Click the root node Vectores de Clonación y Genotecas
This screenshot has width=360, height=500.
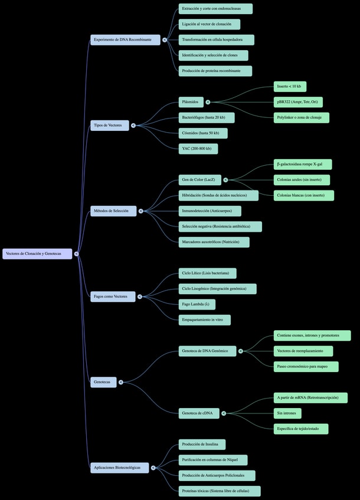(x=37, y=254)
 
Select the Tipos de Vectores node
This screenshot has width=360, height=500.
(x=110, y=125)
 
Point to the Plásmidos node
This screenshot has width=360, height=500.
(x=192, y=102)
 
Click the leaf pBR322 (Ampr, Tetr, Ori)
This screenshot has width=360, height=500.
(x=298, y=102)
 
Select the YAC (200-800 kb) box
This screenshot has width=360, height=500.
(x=198, y=149)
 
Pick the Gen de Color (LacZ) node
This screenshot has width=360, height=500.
(x=201, y=180)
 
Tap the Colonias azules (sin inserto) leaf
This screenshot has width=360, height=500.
(x=302, y=180)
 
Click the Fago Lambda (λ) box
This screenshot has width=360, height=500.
(x=197, y=304)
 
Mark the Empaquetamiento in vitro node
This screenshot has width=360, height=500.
(x=205, y=320)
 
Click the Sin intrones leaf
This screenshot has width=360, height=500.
(x=287, y=413)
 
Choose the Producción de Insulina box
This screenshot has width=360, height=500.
(x=202, y=444)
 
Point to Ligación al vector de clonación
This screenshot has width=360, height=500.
(x=210, y=24)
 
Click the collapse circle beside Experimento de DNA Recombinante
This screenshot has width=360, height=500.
(x=165, y=40)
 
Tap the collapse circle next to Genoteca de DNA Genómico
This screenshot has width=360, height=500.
(x=241, y=351)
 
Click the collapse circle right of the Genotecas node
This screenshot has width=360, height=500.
(x=121, y=382)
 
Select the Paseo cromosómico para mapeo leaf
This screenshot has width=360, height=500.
(x=306, y=366)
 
